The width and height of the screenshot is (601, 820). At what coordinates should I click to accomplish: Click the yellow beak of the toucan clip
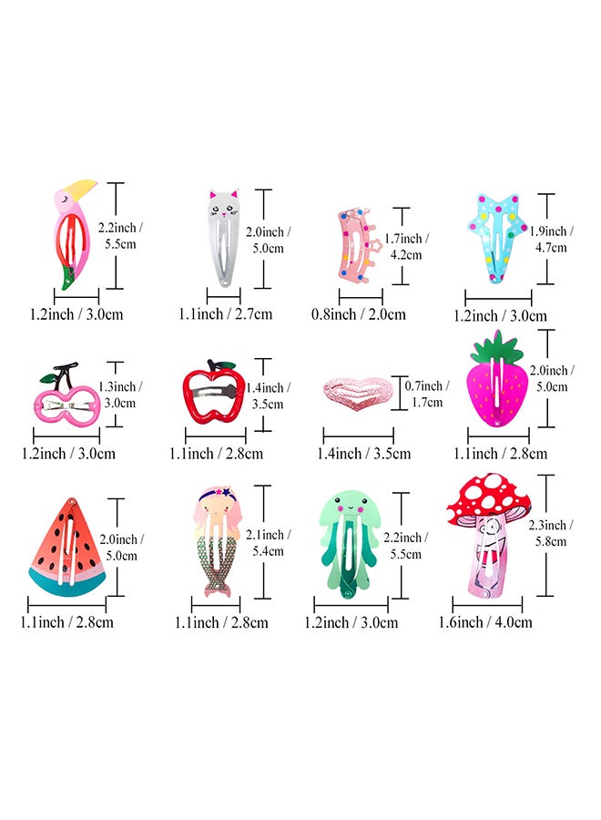pos(81,189)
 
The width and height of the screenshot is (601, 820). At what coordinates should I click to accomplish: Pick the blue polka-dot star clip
pos(497,237)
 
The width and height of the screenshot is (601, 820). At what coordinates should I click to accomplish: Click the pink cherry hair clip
pos(66,394)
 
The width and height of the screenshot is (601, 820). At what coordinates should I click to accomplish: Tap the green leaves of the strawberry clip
pos(497,347)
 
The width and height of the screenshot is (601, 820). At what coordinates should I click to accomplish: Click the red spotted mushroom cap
pos(488,497)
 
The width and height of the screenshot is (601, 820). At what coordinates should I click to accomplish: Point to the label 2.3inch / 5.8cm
pos(550,533)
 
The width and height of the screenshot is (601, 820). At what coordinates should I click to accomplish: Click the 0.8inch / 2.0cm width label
pos(359,314)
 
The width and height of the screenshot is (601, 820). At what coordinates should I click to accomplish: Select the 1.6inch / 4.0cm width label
pos(485,622)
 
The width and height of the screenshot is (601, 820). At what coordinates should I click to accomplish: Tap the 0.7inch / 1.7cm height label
pos(426,394)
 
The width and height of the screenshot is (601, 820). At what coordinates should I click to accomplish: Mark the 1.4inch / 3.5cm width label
pos(363,454)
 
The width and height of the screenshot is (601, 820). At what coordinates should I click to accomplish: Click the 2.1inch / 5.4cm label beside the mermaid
pos(268,543)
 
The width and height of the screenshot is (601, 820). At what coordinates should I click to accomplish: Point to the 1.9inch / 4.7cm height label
pos(551,239)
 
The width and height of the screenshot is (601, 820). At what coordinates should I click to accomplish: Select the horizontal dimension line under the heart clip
pos(359,436)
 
